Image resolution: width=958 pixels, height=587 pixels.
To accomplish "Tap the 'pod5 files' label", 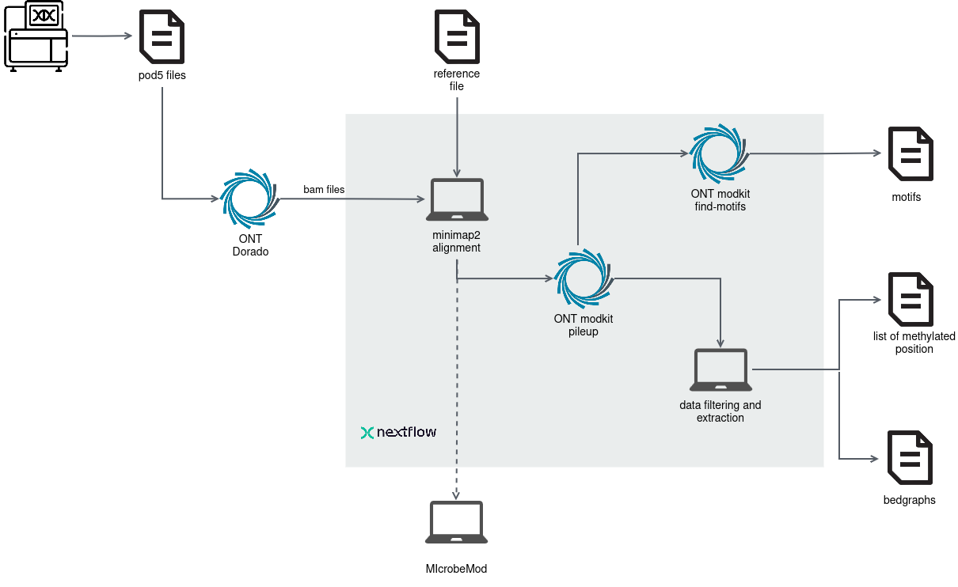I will (162, 76).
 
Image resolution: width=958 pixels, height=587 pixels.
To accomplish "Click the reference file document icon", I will (456, 37).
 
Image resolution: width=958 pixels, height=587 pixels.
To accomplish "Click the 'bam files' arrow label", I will (324, 190).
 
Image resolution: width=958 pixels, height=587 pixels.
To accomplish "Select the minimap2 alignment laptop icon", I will (456, 200).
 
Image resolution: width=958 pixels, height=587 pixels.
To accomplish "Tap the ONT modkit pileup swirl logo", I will (584, 278).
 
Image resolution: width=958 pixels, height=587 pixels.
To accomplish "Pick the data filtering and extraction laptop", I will (720, 369).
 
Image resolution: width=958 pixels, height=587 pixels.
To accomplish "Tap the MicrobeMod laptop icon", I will (455, 522).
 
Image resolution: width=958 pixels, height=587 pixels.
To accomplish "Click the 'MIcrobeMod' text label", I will (455, 569).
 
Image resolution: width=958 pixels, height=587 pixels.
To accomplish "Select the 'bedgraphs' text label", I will (910, 500).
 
